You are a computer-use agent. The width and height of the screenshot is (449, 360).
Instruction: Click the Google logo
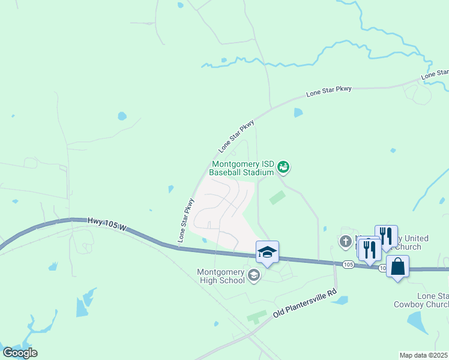click(20, 352)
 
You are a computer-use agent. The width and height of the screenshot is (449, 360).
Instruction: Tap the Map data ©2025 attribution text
click(424, 355)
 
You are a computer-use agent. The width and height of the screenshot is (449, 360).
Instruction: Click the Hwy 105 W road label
click(108, 224)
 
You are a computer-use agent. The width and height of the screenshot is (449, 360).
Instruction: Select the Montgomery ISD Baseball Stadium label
click(241, 168)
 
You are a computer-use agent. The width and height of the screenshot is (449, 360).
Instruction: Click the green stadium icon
click(283, 167)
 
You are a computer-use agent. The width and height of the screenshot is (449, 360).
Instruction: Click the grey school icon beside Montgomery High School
click(254, 275)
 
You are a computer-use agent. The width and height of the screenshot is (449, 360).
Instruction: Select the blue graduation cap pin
click(267, 252)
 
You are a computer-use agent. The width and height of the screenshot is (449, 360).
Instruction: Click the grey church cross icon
click(345, 242)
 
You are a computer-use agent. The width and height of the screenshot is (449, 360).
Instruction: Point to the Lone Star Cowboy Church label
click(421, 300)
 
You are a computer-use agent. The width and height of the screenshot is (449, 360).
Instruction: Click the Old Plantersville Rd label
click(304, 305)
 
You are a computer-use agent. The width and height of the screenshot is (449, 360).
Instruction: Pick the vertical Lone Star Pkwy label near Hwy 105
click(185, 220)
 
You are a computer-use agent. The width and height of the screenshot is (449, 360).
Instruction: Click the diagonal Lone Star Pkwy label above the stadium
click(237, 135)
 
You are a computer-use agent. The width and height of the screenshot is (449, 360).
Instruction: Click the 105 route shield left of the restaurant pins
click(348, 264)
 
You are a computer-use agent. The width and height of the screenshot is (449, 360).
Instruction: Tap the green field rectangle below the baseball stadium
click(277, 197)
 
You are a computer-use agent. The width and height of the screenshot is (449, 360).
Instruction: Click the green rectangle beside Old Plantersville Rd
click(257, 316)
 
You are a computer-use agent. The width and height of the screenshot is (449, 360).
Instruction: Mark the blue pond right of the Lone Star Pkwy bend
click(298, 112)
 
